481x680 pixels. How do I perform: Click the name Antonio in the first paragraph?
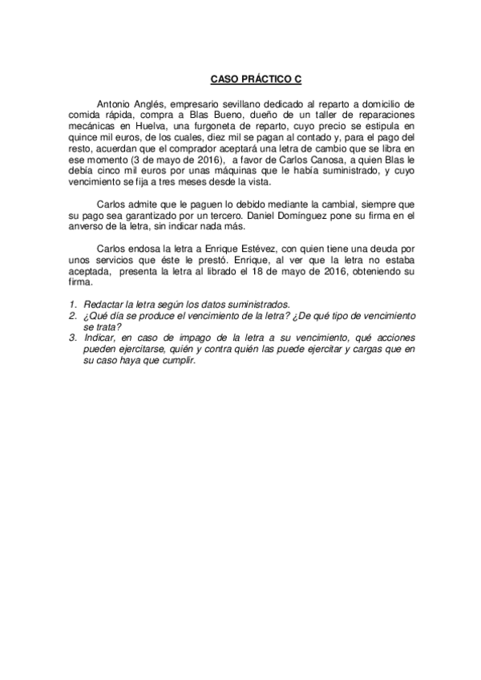tap(112, 104)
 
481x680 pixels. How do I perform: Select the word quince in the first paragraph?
tap(83, 138)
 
